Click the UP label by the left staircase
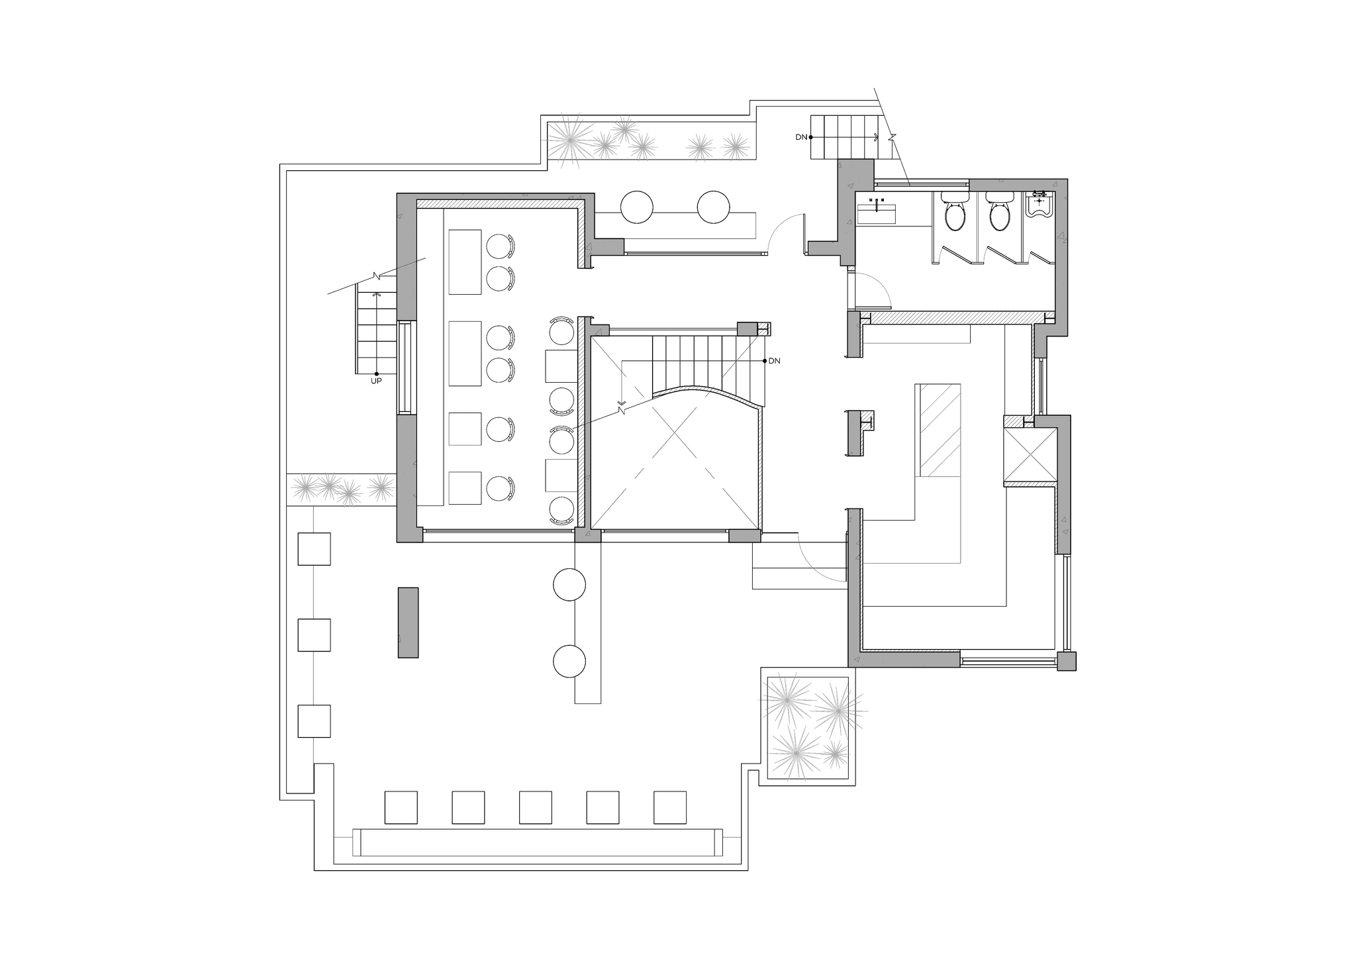(x=375, y=381)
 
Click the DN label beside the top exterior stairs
(x=802, y=137)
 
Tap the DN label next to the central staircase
(x=775, y=361)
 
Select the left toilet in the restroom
(x=954, y=213)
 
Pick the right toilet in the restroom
(x=996, y=213)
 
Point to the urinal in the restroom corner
(x=1040, y=204)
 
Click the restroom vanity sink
(x=876, y=211)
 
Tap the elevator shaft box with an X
(x=1030, y=454)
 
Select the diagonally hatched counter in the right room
(x=938, y=429)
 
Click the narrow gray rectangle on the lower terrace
(x=408, y=622)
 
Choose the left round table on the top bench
(x=637, y=207)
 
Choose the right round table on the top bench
(x=713, y=207)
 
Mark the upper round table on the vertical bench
(x=569, y=585)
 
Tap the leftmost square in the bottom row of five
(x=401, y=807)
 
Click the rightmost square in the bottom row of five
(x=670, y=807)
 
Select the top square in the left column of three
(x=314, y=549)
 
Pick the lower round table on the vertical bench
(x=569, y=661)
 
